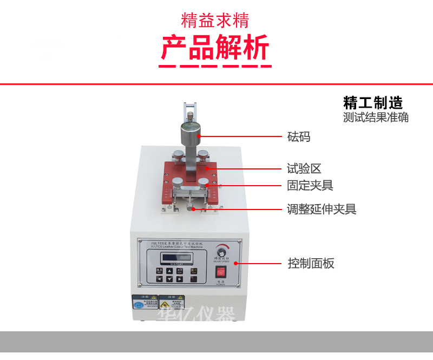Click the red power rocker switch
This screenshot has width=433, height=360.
220,271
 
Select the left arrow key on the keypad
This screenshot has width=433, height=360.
160,279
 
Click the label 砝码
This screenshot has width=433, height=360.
299,136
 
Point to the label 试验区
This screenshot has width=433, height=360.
304,168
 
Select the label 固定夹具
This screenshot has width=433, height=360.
310,186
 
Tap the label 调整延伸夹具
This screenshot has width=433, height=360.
322,209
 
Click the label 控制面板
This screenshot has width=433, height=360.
311,264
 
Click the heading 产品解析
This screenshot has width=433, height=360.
215,48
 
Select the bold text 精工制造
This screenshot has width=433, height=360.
373,102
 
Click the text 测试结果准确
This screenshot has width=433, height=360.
376,117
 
